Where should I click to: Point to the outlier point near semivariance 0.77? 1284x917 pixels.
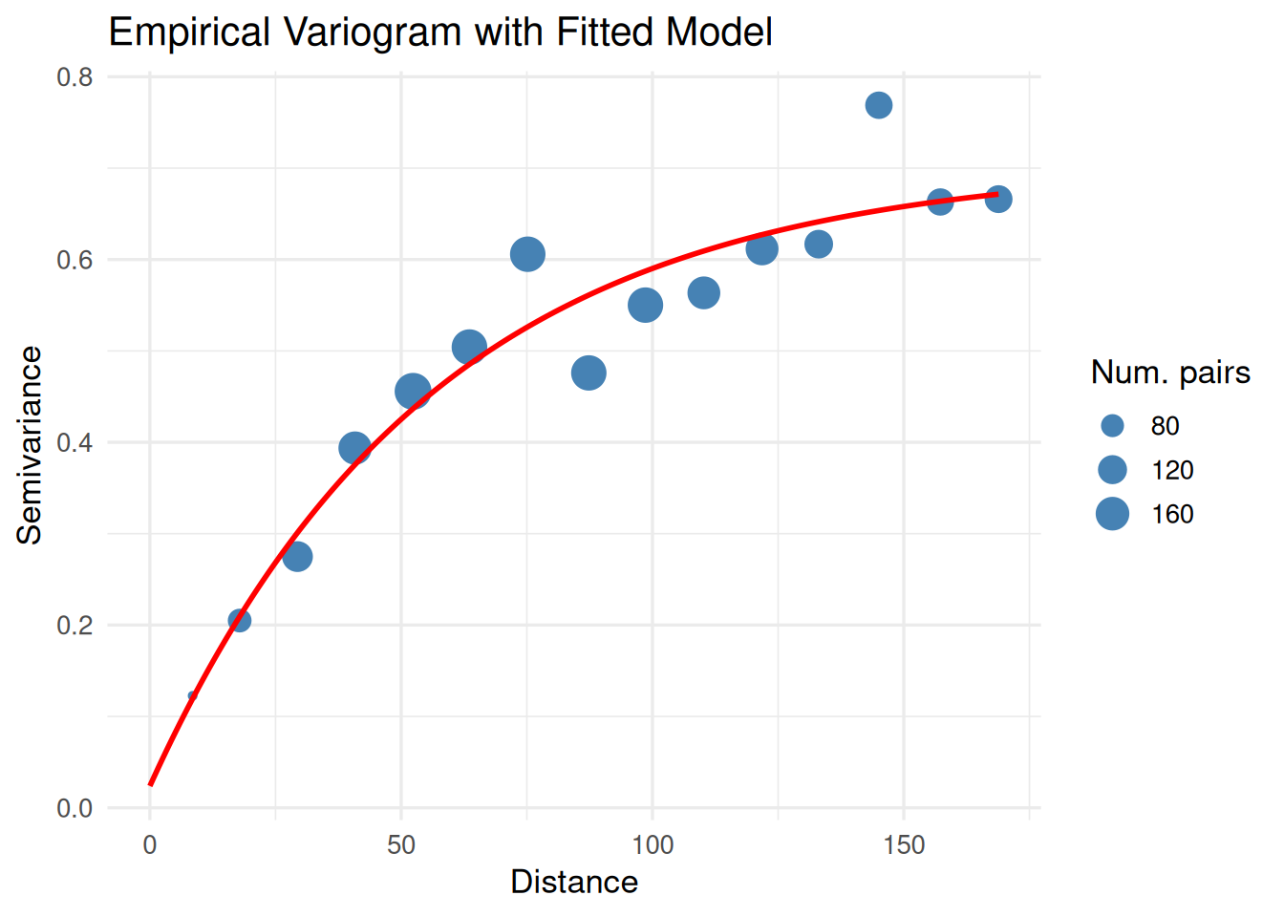click(879, 105)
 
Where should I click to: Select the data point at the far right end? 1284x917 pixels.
click(998, 199)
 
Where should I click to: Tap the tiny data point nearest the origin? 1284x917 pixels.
click(192, 695)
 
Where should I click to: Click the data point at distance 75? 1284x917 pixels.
click(527, 254)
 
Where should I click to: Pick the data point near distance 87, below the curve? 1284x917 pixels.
click(588, 373)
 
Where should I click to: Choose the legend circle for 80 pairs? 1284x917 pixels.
click(1112, 426)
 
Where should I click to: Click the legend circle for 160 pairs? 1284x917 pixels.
click(1112, 514)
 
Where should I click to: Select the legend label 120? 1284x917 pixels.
click(1172, 470)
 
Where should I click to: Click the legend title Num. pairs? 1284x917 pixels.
click(1170, 373)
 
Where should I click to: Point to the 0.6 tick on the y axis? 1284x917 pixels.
click(75, 260)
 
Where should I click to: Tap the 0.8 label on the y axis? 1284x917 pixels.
click(75, 77)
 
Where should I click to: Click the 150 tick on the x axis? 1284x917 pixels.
click(904, 845)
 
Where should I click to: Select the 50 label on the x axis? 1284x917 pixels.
click(401, 845)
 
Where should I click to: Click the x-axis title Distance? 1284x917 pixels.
click(574, 882)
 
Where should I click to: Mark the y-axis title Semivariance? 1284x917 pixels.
click(30, 445)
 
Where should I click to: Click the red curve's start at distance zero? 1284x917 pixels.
click(151, 784)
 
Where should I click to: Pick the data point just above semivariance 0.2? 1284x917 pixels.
click(240, 621)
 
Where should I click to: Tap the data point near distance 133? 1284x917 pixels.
click(819, 245)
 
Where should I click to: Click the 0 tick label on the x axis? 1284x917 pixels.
click(150, 845)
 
